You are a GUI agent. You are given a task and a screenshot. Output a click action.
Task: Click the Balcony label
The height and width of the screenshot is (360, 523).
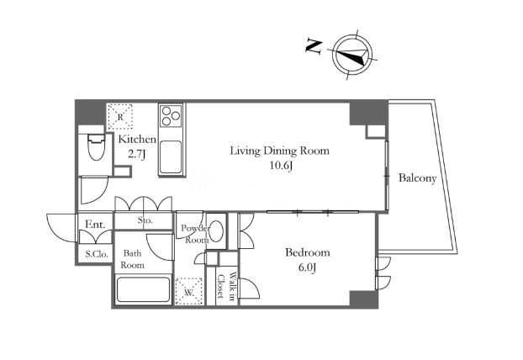417,178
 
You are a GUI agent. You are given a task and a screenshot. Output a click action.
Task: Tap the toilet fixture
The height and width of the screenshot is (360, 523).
97,147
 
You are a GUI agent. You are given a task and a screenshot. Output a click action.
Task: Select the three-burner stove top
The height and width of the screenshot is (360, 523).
171,115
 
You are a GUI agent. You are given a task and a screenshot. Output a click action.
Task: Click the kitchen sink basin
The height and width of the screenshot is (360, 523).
171,156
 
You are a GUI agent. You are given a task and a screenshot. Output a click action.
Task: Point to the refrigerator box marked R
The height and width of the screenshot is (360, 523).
120,117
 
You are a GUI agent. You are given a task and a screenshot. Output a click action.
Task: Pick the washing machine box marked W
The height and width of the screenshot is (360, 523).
189,291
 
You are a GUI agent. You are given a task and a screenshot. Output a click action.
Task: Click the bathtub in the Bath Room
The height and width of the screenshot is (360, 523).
143,289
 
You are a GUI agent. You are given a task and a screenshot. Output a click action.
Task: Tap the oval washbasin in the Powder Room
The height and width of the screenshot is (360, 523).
217,230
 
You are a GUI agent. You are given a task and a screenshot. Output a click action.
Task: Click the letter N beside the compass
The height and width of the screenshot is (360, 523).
314,46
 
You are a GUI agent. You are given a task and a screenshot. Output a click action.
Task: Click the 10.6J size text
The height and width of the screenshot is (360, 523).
281,166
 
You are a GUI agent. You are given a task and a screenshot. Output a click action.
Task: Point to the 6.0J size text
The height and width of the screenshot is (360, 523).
307,267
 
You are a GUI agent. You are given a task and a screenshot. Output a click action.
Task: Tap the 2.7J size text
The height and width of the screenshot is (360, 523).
137,154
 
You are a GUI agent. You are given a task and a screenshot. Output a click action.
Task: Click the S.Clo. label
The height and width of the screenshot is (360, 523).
97,254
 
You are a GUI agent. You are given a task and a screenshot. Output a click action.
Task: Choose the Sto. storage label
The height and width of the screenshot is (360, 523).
145,220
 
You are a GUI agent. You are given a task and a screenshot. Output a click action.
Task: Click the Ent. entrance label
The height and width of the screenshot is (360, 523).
95,225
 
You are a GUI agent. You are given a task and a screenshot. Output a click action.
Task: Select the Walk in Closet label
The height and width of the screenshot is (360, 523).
227,286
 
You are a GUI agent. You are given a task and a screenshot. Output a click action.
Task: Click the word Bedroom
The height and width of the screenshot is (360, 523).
308,252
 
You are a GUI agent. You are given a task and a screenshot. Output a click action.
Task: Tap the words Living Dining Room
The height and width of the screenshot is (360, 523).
279,151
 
